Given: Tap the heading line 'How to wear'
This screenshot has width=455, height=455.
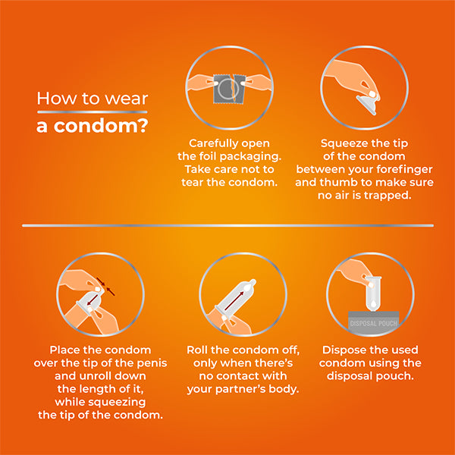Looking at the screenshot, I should point(92,99).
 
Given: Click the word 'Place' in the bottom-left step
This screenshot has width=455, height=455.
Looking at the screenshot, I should point(66,350).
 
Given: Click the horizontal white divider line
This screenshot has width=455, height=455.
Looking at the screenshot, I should point(227,225).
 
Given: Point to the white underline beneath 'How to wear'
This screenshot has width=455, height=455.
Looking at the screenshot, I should point(92,112).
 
